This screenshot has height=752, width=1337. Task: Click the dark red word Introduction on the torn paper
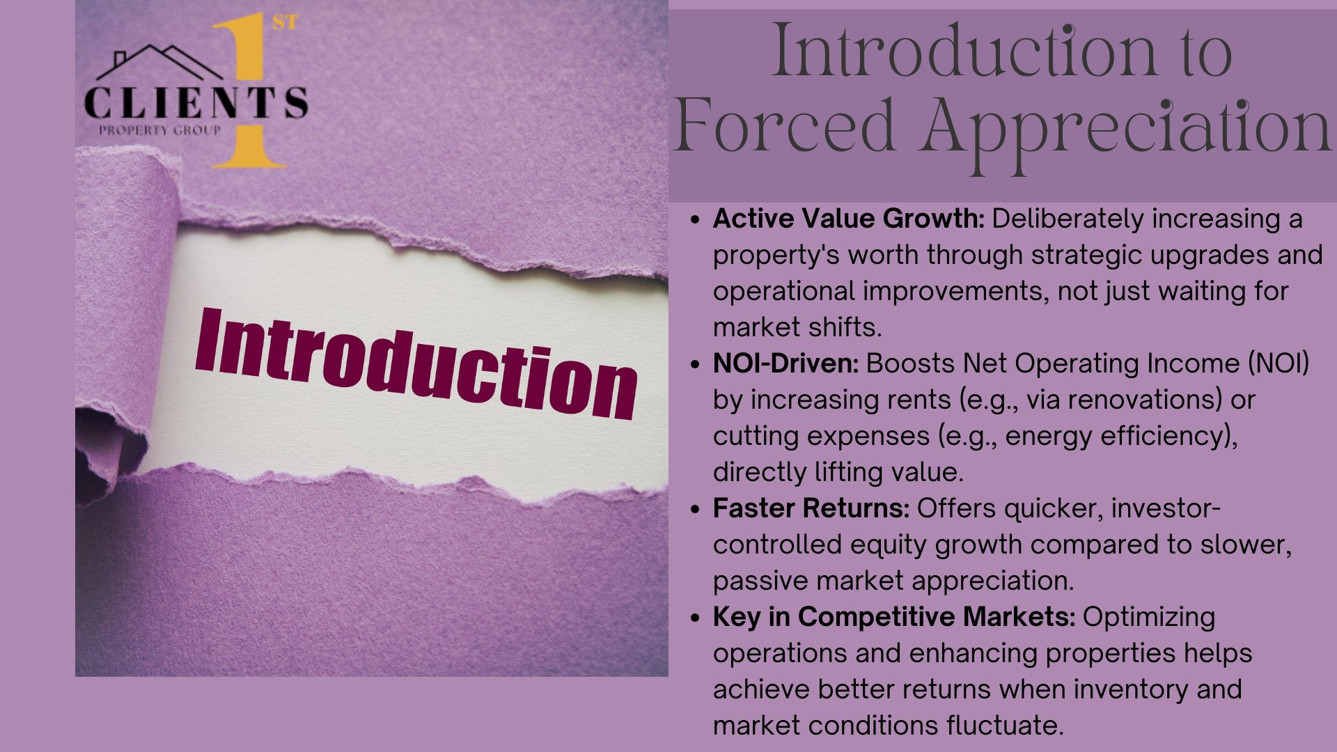click(416, 363)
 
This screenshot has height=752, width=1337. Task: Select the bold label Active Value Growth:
click(848, 219)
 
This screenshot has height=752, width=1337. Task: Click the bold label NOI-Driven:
click(785, 363)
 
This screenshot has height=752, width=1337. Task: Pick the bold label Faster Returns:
click(811, 508)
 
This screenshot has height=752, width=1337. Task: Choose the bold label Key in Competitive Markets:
click(894, 618)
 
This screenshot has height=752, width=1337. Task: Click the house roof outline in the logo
click(159, 61)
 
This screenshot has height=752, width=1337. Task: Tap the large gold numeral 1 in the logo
click(248, 93)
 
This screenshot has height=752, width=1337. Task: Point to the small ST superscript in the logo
click(284, 23)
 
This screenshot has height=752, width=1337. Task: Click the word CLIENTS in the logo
click(196, 103)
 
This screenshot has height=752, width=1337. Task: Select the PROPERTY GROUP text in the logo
click(159, 130)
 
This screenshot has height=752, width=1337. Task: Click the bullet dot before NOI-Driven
click(694, 364)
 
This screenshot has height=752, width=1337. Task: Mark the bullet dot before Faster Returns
click(694, 509)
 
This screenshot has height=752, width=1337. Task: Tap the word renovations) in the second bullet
click(1151, 400)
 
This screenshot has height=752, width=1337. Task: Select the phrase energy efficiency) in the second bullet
click(1121, 437)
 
